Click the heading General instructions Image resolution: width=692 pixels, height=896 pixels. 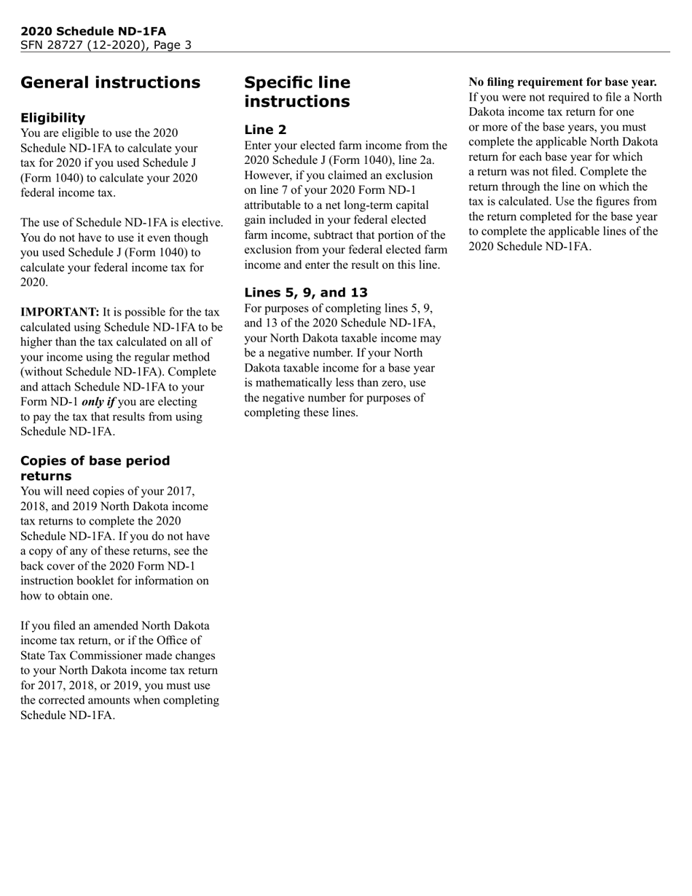point(110,82)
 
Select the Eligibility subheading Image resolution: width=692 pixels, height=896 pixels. point(52,118)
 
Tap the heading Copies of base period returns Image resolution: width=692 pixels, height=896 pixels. point(95,468)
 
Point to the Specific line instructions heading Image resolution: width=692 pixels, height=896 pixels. point(297,92)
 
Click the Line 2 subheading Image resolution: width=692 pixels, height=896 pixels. point(265,130)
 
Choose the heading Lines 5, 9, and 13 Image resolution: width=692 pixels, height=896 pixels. point(306,293)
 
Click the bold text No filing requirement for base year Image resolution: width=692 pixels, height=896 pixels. point(562,82)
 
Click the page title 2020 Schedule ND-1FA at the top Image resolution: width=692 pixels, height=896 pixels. point(93,31)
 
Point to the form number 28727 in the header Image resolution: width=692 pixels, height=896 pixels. point(63,45)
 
